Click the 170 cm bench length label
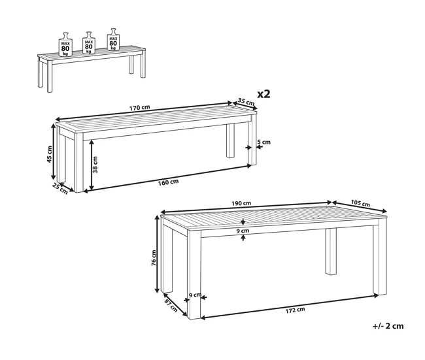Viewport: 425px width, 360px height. click(139, 108)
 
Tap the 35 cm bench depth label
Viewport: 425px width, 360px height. click(246, 101)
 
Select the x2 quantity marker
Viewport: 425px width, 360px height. click(263, 94)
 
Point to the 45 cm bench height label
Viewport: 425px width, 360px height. click(49, 154)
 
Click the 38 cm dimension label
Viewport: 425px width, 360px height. click(95, 165)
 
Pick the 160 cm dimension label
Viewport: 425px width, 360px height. click(168, 182)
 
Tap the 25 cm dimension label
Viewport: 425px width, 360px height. click(60, 189)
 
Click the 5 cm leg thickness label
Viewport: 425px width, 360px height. click(264, 142)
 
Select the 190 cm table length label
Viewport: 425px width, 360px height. click(241, 203)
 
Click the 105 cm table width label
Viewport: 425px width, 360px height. click(360, 203)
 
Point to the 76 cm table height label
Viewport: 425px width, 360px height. click(154, 258)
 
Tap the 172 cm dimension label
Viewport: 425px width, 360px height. click(295, 310)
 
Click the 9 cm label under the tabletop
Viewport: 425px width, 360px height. click(243, 231)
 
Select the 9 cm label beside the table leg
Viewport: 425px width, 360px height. click(195, 295)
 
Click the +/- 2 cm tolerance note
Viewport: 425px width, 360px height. click(388, 326)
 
